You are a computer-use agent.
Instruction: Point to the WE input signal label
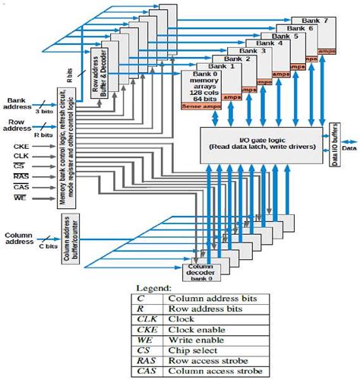click(21, 198)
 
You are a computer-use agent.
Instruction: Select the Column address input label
click(19, 240)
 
